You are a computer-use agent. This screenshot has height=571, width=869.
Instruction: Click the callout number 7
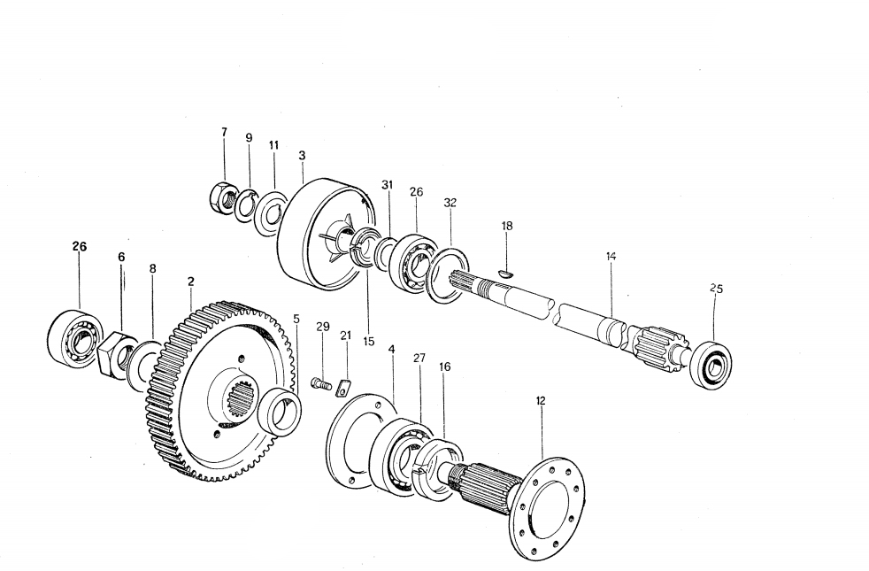tap(224, 132)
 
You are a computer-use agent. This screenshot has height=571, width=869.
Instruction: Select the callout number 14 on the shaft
tap(611, 257)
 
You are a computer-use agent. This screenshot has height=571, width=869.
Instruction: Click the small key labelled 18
tap(504, 274)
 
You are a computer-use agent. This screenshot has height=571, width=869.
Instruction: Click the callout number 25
tap(716, 289)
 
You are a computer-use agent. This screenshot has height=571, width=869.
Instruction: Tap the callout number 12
tap(541, 400)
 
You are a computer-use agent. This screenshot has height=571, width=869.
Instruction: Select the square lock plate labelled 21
tap(345, 387)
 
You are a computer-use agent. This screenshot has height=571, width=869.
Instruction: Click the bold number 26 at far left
tap(79, 247)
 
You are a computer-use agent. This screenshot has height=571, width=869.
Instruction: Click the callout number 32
tap(450, 203)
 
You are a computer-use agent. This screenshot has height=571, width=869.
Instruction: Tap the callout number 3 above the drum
tap(303, 155)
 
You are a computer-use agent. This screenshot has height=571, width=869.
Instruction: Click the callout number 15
tap(368, 340)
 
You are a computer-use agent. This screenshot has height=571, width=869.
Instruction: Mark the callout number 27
tap(419, 358)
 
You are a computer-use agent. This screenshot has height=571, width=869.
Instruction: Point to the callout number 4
tap(390, 350)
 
